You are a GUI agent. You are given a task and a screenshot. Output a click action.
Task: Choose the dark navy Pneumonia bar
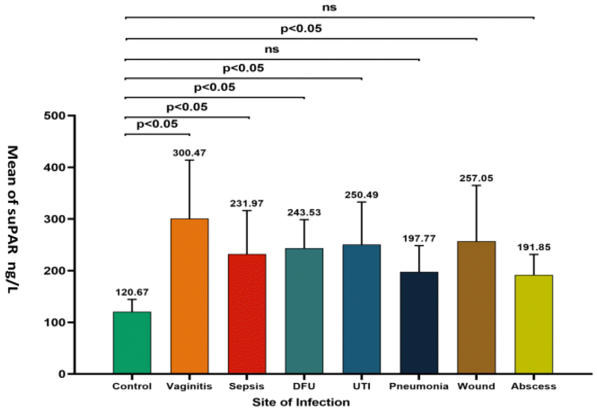click(x=419, y=323)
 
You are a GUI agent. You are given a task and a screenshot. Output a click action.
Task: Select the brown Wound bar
click(x=476, y=307)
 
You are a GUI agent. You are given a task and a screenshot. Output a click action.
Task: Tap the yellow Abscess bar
click(x=534, y=324)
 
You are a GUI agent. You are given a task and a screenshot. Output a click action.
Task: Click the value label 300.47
click(x=189, y=153)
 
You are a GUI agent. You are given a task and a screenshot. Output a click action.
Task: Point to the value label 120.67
click(x=132, y=292)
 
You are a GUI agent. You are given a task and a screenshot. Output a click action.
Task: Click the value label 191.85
click(x=534, y=247)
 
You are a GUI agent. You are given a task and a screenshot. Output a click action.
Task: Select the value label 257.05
click(x=476, y=178)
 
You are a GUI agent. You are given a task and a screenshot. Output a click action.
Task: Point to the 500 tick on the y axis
click(x=55, y=116)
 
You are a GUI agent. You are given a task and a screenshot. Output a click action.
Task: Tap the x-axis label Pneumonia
click(x=419, y=386)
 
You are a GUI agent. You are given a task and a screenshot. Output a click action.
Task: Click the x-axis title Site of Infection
click(x=301, y=402)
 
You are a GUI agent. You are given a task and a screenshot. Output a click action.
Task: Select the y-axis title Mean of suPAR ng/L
click(x=13, y=219)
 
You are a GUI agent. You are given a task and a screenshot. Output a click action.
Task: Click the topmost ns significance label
click(x=329, y=7)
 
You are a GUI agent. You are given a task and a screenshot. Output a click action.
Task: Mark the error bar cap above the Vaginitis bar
click(x=189, y=160)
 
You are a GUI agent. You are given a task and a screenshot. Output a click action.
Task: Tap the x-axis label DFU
click(x=304, y=386)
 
